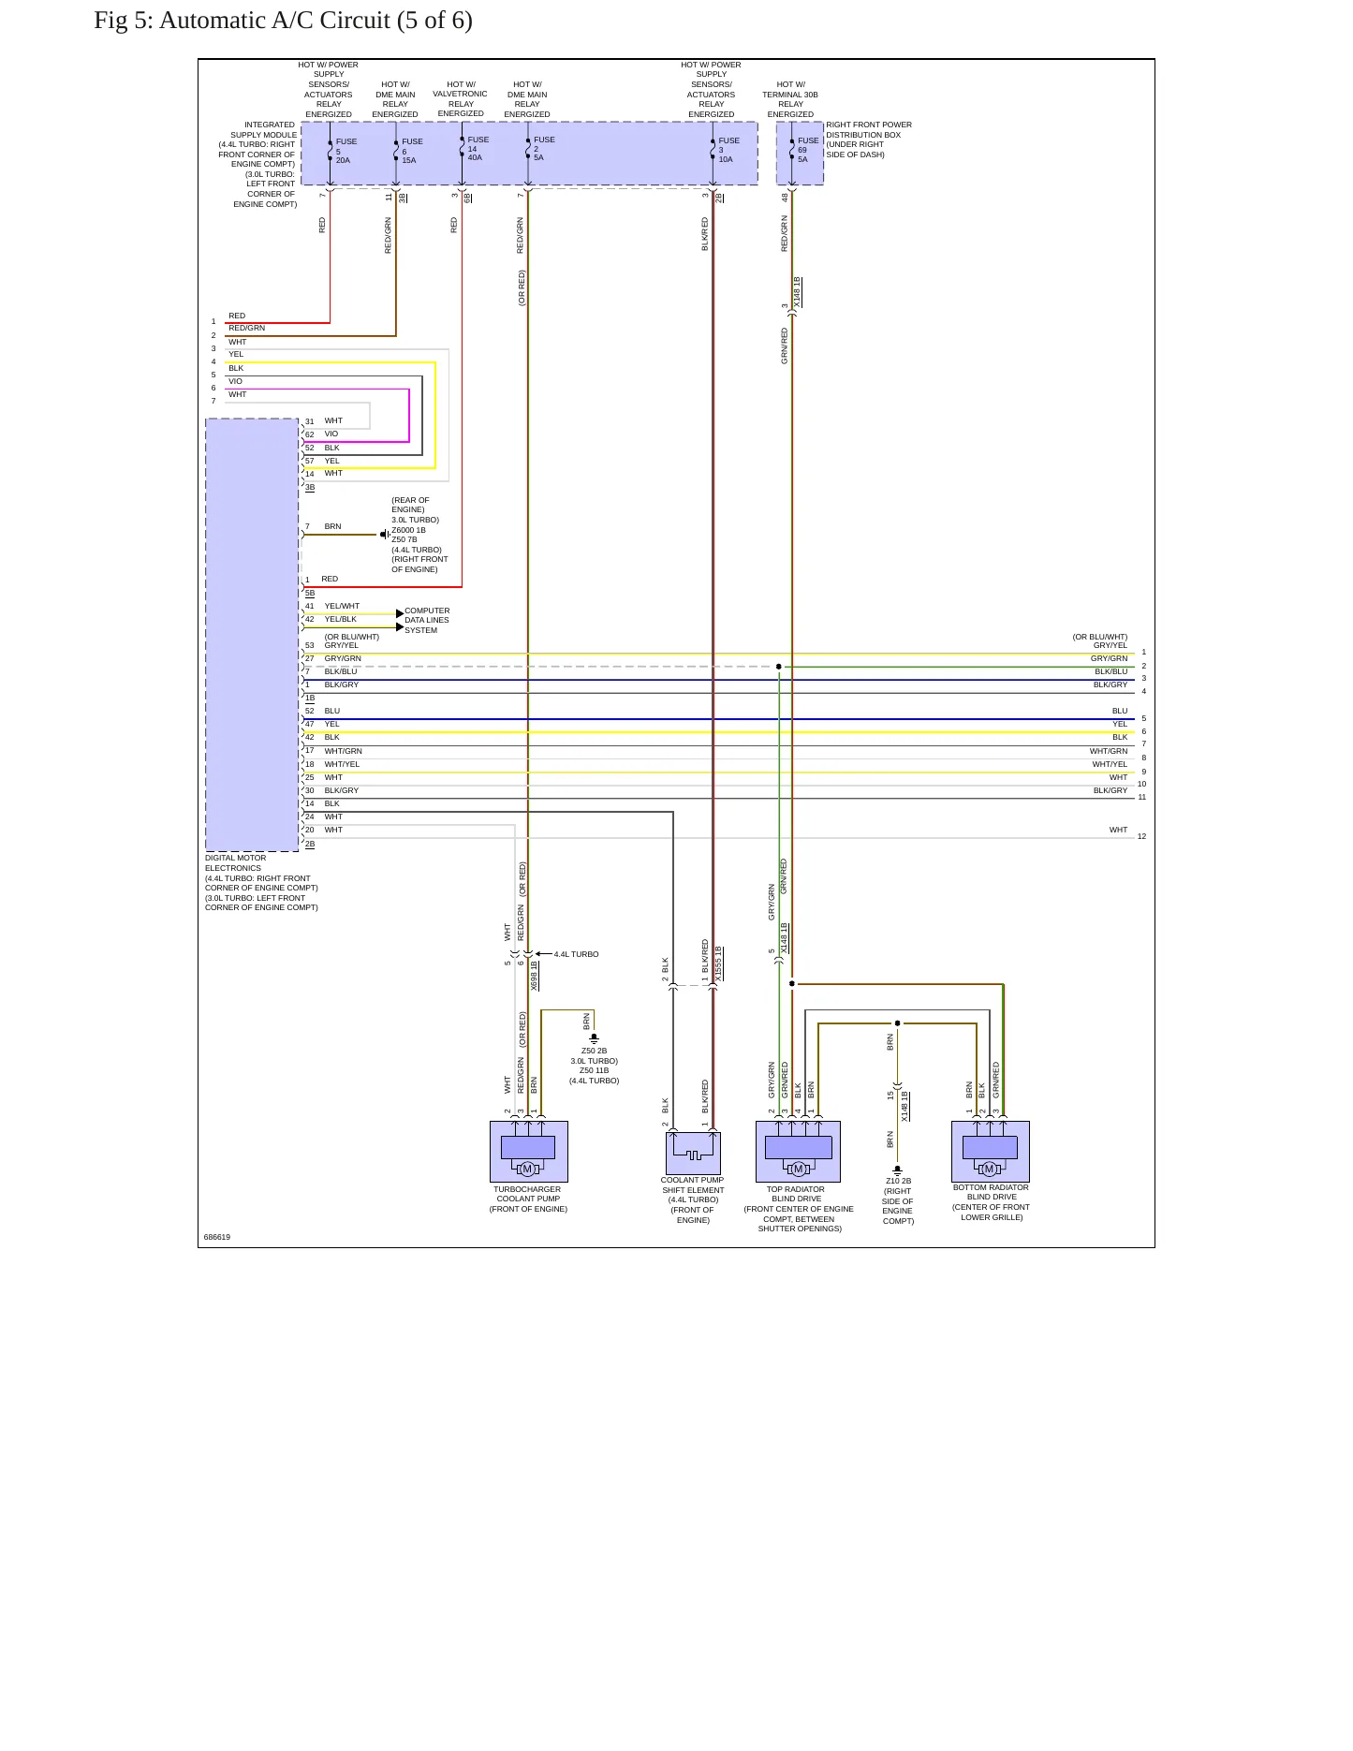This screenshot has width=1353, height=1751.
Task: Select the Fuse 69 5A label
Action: (x=808, y=150)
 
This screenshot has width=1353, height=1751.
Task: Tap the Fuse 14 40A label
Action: (x=478, y=149)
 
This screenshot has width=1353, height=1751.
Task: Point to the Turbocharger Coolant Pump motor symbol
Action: (x=527, y=1169)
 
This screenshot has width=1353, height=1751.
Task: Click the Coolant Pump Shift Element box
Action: (x=693, y=1153)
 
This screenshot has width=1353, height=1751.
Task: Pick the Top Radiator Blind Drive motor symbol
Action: (x=798, y=1169)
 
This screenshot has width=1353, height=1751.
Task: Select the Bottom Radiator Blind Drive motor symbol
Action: (x=990, y=1169)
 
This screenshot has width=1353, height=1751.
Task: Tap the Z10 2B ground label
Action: (x=898, y=1181)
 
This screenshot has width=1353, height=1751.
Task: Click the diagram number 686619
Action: (x=217, y=1237)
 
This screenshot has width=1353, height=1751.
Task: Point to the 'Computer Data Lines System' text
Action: (x=427, y=620)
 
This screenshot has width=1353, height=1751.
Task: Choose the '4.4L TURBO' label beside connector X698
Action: (x=576, y=954)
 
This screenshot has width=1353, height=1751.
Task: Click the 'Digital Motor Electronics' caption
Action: (x=261, y=883)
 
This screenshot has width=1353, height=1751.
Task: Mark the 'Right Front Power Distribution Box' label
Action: (x=869, y=140)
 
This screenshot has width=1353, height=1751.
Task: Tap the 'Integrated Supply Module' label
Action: (x=257, y=164)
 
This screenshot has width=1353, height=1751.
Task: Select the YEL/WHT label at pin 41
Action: (x=342, y=606)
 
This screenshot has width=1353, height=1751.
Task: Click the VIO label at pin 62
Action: (x=331, y=434)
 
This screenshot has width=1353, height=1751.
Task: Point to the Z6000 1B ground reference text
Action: (x=408, y=530)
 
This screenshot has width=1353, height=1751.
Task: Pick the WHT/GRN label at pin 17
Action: (x=343, y=751)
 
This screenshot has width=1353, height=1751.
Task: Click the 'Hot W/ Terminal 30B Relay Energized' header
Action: (x=791, y=99)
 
